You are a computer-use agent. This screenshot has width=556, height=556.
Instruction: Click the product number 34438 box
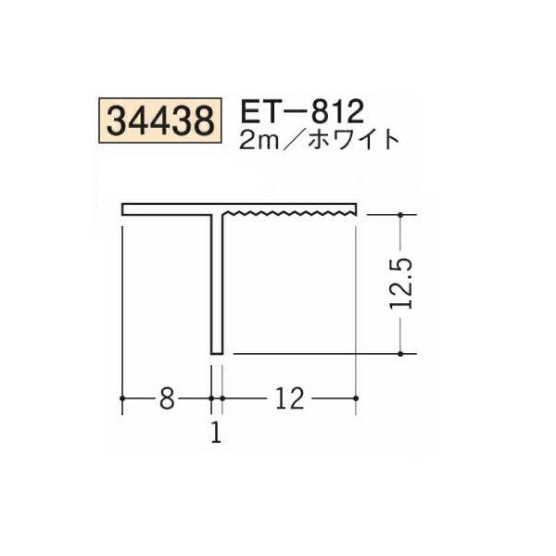coord(160,120)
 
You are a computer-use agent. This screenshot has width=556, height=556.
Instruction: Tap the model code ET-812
coord(302,111)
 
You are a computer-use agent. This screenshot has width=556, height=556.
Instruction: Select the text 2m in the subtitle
coord(259,140)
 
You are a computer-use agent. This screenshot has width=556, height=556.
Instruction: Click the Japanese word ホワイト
coord(354,140)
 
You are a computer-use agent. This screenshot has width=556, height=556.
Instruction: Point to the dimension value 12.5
coord(400,284)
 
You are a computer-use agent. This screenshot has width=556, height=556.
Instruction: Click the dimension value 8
coord(167,398)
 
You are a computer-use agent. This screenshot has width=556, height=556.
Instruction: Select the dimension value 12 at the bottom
coord(290,398)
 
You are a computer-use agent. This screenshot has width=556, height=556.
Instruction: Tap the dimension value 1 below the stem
coord(216,433)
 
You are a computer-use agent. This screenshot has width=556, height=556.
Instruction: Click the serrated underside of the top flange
coord(289,213)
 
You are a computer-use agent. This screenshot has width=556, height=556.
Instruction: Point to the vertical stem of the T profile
coord(217,284)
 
